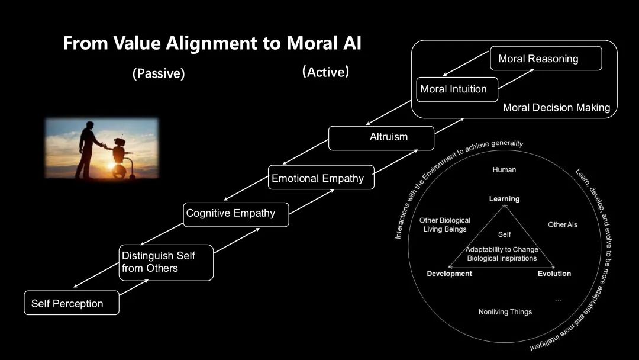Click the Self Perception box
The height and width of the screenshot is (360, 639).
[x=72, y=303]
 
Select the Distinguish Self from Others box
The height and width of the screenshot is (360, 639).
[x=166, y=262]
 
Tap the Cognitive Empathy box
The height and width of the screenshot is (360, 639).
[x=236, y=214]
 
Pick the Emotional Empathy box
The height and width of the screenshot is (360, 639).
[x=321, y=178]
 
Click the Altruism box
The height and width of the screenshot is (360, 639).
[x=381, y=138]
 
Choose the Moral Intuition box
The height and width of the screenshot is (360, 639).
[x=457, y=89]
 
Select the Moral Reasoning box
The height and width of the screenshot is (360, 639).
[x=546, y=58]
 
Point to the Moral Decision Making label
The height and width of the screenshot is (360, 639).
[x=556, y=108]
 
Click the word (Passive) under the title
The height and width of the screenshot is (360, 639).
[x=159, y=73]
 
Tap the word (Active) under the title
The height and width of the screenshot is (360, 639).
[x=325, y=72]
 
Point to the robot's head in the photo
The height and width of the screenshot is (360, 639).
[x=120, y=142]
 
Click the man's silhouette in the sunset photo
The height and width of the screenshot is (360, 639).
[x=88, y=150]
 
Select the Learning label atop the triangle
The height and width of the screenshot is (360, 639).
[x=504, y=199]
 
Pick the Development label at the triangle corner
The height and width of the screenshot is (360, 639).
[x=450, y=274]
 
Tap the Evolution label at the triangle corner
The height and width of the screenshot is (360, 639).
[x=554, y=274]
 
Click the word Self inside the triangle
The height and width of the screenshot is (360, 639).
[x=505, y=234]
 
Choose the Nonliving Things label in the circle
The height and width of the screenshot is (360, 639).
[x=505, y=312]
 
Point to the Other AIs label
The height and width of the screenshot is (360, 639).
[x=563, y=224]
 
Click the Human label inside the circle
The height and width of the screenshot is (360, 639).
[x=504, y=169]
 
